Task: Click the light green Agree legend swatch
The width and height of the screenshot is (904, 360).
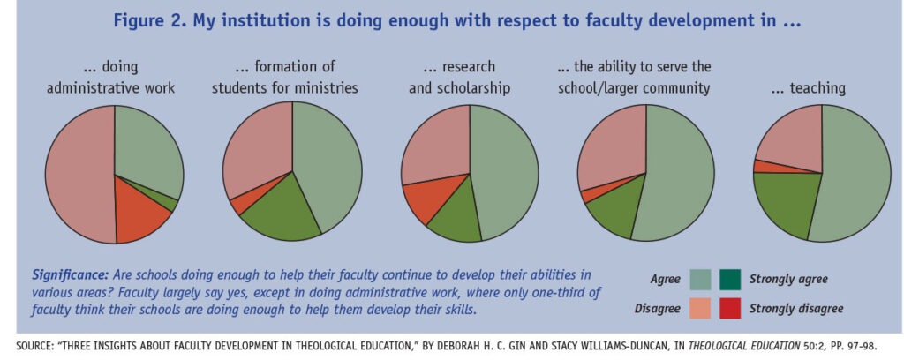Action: [701, 280]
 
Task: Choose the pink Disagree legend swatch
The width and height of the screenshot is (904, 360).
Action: [701, 308]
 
